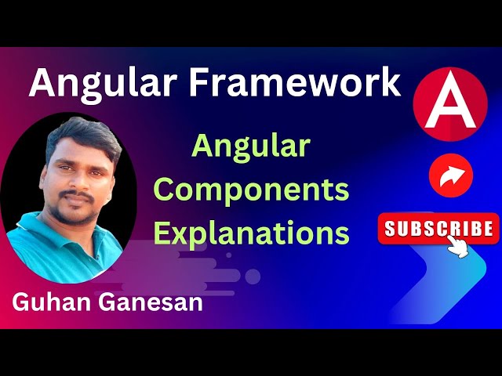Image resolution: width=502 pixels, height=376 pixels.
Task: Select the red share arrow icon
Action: click(451, 175)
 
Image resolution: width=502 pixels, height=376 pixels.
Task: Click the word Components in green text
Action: click(251, 190)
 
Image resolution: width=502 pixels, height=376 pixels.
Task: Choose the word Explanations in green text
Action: click(251, 233)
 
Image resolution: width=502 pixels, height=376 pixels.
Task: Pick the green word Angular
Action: click(251, 146)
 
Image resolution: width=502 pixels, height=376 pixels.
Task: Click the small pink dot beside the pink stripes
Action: click(253, 276)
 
